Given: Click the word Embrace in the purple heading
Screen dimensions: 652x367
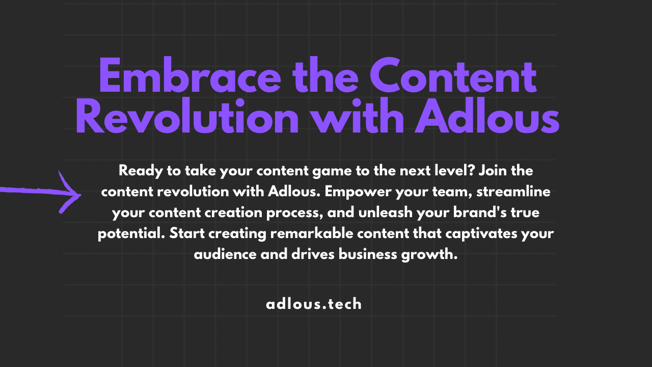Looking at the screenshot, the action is (190, 75).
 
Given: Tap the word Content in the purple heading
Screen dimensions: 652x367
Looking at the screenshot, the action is (453, 74).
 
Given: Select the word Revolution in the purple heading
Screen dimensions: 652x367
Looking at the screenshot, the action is (187, 116).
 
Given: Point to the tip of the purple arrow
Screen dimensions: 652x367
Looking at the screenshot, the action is (81, 195).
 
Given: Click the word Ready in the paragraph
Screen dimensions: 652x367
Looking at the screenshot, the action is (141, 171).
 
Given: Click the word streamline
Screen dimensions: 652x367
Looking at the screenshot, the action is (513, 192).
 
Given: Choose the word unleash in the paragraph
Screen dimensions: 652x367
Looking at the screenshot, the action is (386, 213).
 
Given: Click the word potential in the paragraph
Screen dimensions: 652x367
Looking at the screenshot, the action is (131, 234).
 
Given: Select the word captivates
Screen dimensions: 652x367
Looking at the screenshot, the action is (481, 234).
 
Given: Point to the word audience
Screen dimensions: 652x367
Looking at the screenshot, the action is (225, 254).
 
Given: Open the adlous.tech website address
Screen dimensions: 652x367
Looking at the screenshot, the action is (314, 304).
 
